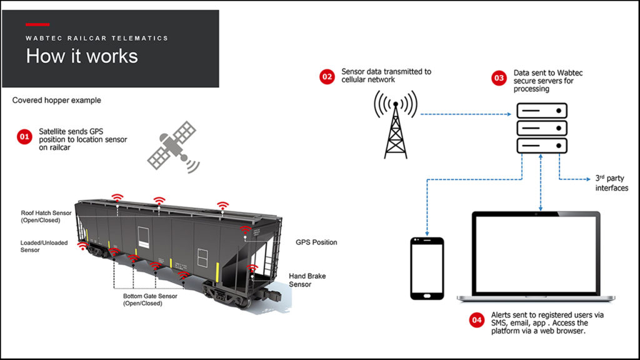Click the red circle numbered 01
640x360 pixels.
tap(24, 137)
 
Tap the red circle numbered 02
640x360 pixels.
tap(327, 77)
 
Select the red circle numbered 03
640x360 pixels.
tap(499, 78)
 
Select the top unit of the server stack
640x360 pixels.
tap(541, 111)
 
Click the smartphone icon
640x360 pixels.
tap(427, 268)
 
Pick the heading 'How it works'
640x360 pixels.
tap(81, 56)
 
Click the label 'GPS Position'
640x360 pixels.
tap(316, 242)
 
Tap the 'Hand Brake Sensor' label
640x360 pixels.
tap(307, 280)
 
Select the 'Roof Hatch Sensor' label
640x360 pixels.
tap(46, 216)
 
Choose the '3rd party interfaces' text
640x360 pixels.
tap(611, 183)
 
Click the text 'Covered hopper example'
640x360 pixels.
tap(56, 100)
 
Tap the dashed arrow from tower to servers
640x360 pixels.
tap(466, 114)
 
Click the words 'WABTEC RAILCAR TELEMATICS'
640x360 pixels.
tap(97, 38)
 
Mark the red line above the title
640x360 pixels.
tap(37, 24)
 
